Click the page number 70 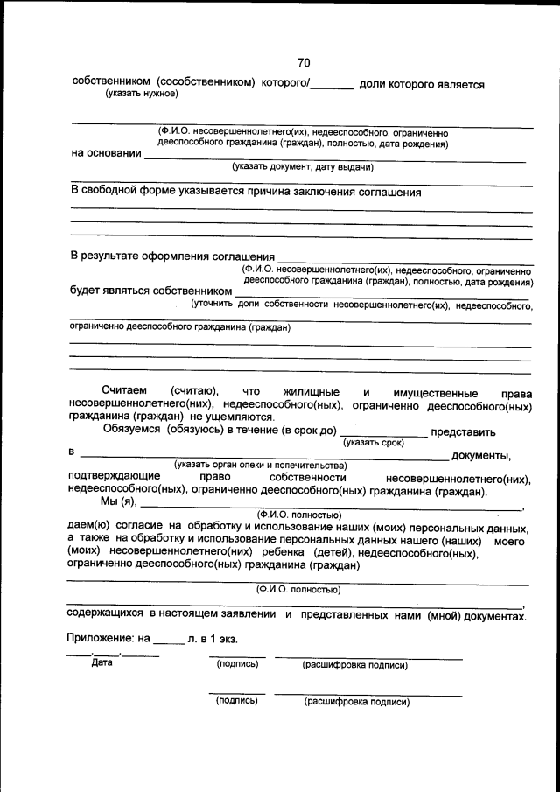pyautogui.click(x=304, y=62)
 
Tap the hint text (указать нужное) pyautogui.click(x=142, y=94)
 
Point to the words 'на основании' pyautogui.click(x=106, y=154)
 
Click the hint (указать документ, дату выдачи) pyautogui.click(x=302, y=166)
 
